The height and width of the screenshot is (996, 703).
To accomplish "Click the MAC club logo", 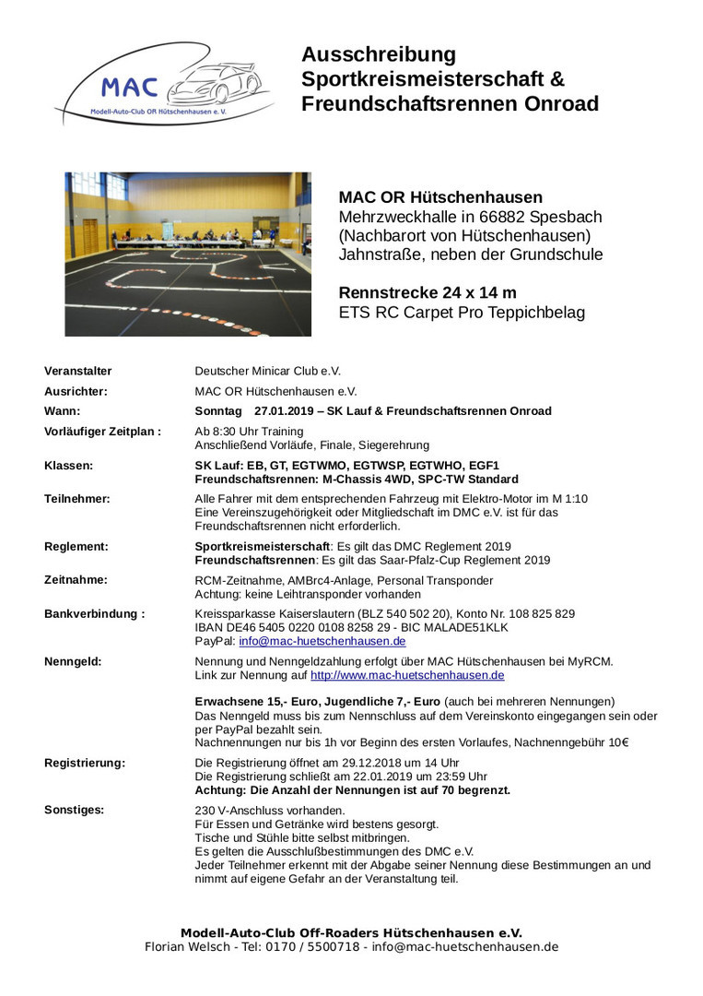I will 163,85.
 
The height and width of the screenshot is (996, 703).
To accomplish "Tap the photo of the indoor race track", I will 188,254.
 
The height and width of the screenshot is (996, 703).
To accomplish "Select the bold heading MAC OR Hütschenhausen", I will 440,197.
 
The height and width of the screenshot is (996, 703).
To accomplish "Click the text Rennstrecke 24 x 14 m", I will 428,293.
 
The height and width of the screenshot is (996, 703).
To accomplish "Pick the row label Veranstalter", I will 78,371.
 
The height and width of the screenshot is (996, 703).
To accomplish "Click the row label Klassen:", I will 68,466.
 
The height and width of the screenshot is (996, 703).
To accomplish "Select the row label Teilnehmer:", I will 77,499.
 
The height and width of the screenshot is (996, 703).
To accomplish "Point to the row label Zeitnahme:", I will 76,580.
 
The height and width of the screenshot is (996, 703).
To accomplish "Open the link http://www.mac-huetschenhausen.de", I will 407,675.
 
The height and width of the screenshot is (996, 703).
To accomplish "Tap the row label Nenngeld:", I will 73,661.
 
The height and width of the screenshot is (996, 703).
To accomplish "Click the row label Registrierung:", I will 85,763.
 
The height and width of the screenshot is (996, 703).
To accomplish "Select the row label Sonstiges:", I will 74,810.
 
